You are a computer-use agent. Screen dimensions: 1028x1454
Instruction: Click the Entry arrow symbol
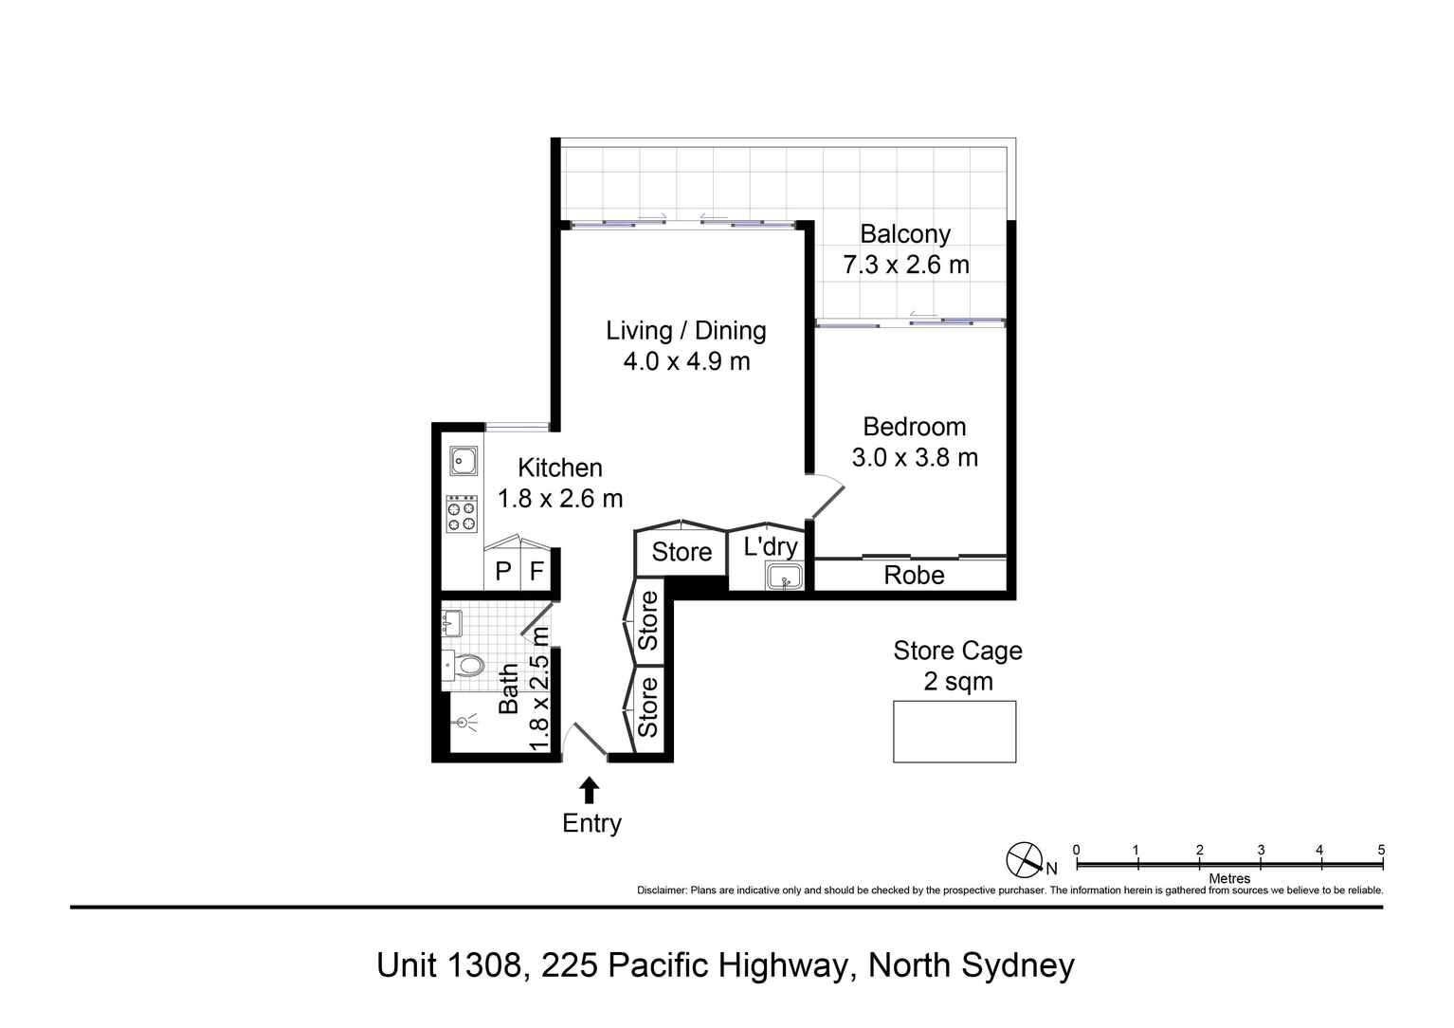590,790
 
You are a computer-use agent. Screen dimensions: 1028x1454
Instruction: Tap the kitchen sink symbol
463,461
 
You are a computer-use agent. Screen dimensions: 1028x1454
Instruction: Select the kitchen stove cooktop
462,514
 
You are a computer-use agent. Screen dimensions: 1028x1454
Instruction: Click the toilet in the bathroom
464,664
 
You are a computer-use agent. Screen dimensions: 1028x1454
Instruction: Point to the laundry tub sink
785,577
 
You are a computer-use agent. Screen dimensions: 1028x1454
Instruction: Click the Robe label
914,576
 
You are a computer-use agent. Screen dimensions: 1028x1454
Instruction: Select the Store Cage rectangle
954,731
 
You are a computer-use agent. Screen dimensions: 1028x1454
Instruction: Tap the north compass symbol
1024,859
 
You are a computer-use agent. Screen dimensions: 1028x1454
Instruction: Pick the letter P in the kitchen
503,572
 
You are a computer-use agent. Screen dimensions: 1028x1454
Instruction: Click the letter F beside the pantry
536,572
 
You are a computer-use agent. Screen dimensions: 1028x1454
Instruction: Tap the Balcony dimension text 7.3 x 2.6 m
906,265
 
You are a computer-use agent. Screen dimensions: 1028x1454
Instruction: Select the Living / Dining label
686,331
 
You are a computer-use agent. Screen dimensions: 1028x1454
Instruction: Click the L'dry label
770,546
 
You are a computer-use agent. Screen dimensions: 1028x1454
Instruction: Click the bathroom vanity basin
451,623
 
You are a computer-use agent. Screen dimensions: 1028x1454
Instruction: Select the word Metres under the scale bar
1229,878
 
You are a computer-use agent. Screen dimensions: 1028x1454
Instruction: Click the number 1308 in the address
483,965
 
